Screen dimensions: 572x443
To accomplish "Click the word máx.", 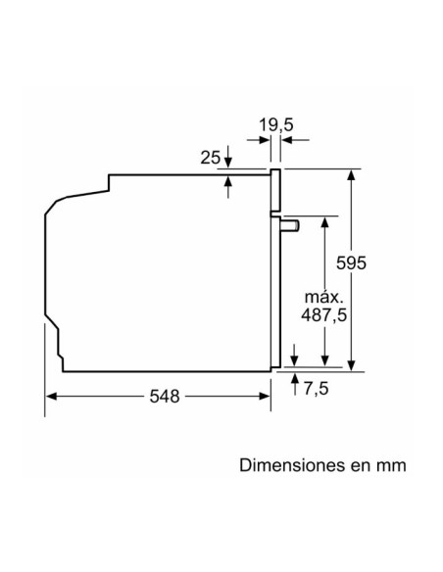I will tap(322, 296).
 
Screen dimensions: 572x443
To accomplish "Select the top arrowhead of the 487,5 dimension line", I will tap(322, 220).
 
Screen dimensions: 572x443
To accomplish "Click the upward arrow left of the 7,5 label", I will tap(295, 380).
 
